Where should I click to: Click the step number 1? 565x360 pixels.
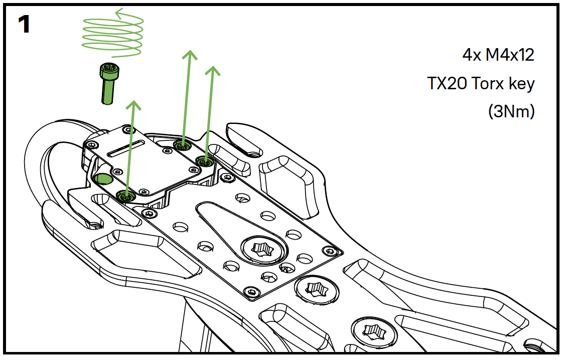click(x=24, y=25)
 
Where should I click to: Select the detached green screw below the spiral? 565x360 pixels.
click(x=108, y=83)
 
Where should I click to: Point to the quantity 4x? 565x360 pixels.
click(x=471, y=55)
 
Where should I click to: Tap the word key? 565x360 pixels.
click(x=522, y=84)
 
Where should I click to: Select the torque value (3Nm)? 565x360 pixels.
click(x=511, y=111)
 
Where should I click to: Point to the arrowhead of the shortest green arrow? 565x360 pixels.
click(x=133, y=104)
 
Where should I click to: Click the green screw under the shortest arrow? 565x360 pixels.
click(x=125, y=197)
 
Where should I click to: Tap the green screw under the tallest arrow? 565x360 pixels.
click(x=182, y=145)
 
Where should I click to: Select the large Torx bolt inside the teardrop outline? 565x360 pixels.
click(x=261, y=248)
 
